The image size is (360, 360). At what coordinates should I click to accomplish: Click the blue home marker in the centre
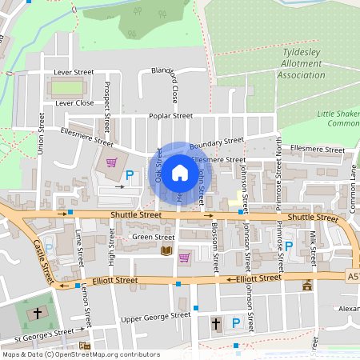tap(180, 173)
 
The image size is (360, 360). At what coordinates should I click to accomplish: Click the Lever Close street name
tap(74, 103)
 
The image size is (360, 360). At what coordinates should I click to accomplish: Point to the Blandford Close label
tap(174, 85)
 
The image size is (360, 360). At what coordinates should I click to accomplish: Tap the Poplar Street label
tap(170, 116)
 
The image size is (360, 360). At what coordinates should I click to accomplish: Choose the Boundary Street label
tap(217, 142)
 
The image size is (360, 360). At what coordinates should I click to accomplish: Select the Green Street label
tap(154, 237)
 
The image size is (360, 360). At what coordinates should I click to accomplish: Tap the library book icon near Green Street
tap(166, 252)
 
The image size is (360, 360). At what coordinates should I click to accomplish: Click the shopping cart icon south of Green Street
tap(185, 257)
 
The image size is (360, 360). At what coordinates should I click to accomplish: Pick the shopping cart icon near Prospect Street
tap(111, 162)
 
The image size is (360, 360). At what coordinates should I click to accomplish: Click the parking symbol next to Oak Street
tap(129, 174)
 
